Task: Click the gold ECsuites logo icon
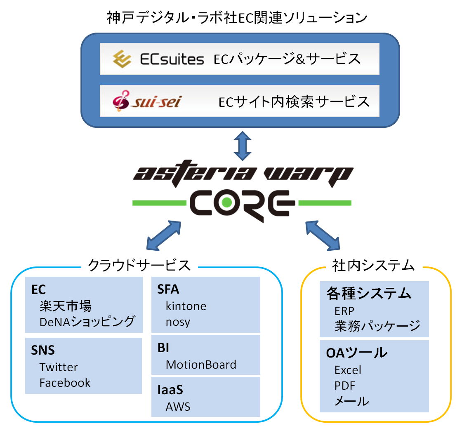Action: (123, 59)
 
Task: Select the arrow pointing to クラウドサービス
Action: (164, 235)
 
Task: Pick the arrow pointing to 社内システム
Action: (322, 235)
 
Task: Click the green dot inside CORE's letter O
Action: (226, 202)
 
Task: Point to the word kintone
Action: (186, 306)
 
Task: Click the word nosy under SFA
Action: (178, 322)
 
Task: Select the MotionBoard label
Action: (201, 365)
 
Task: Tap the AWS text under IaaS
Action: (178, 407)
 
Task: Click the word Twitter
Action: (59, 367)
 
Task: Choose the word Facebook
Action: (65, 383)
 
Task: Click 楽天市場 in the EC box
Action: (66, 306)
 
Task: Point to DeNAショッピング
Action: (87, 322)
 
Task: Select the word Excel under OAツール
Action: (348, 370)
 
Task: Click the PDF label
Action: (345, 386)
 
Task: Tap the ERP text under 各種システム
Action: (344, 311)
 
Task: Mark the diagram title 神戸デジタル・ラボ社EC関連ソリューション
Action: (237, 18)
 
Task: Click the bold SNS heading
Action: (43, 351)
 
